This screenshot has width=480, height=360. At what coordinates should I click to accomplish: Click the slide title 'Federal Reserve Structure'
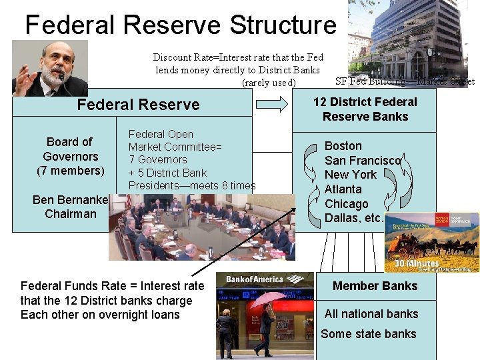coord(181,25)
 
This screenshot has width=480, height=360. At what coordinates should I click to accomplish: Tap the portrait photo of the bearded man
coord(50,68)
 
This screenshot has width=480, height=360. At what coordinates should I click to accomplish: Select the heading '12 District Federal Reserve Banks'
coord(365,109)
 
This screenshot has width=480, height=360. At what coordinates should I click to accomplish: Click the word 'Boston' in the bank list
coord(343,146)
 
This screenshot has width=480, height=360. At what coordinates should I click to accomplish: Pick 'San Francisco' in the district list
coord(363,161)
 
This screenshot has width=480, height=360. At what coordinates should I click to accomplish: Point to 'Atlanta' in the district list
coord(343,189)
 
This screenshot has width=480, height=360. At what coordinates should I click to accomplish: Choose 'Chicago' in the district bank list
coord(346,204)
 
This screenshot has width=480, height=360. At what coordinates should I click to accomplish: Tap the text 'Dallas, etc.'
coord(354,218)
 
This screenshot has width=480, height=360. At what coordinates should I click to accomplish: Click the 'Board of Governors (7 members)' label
coord(70,156)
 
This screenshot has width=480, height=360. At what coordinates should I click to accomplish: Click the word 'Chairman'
coord(71,214)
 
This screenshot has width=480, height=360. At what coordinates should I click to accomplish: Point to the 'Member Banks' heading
coord(375,286)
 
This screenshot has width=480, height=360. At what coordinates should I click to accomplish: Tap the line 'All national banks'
coord(371,314)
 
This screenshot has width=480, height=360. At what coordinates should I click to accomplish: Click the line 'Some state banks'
coord(369,334)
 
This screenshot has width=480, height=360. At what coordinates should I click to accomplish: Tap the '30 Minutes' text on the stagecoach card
coord(417,263)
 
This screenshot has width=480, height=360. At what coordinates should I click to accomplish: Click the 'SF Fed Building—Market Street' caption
coord(405,81)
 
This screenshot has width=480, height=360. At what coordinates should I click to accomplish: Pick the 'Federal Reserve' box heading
coord(138,105)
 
